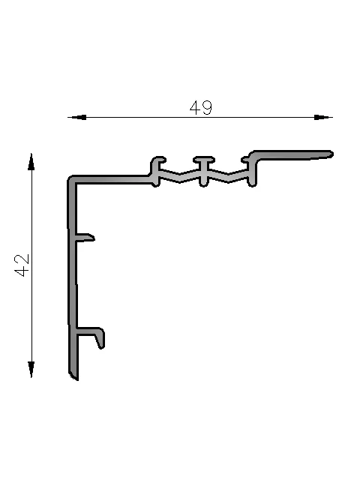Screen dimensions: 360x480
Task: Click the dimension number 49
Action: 201,108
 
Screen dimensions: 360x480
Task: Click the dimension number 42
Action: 22,265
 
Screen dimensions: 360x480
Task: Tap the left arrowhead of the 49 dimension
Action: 77,117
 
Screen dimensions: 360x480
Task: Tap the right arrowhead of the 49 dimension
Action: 323,117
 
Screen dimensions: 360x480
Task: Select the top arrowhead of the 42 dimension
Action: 31,162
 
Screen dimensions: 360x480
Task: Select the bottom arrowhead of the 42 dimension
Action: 31,370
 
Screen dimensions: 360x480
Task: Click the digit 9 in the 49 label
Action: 207,108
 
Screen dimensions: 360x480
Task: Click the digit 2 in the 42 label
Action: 22,259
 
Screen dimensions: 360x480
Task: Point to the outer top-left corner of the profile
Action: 68,177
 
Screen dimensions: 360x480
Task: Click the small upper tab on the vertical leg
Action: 85,238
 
